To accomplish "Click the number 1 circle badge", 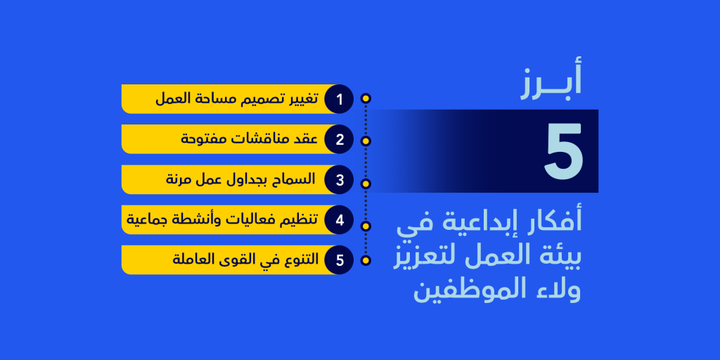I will [x=339, y=99].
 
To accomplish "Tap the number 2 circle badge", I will [x=339, y=139].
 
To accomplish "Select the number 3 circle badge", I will [x=339, y=179].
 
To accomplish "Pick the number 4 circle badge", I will [x=339, y=220].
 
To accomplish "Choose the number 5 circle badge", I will [x=339, y=260].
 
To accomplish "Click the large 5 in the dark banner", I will [x=563, y=151].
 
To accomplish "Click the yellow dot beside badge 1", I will [x=366, y=99].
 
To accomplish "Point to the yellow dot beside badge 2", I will [x=366, y=141].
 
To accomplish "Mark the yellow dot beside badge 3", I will [x=366, y=184].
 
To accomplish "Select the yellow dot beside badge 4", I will [x=366, y=226].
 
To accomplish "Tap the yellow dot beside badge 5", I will [x=366, y=260].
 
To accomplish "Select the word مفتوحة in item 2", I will [x=202, y=139].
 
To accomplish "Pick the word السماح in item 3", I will [x=294, y=179].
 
